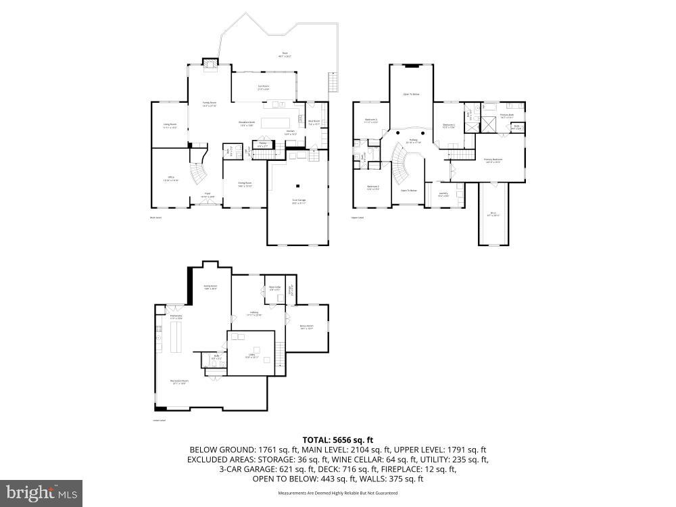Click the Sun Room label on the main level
pos(264,87)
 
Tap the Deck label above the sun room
pos(284,55)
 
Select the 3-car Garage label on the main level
pos(298,202)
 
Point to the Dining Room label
pos(245,185)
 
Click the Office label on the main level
pos(171,179)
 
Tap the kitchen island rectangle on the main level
pos(274,123)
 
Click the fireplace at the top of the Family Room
pos(211,65)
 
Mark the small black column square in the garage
pos(298,187)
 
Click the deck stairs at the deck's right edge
pos(331,83)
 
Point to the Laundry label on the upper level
pos(443,195)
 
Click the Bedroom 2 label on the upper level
pos(373,188)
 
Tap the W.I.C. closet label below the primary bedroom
pos(493,215)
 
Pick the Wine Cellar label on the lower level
pos(274,288)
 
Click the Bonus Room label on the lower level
pos(307,327)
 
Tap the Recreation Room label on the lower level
pos(178,382)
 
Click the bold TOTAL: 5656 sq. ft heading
pos(337,439)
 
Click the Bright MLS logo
pos(41,493)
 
